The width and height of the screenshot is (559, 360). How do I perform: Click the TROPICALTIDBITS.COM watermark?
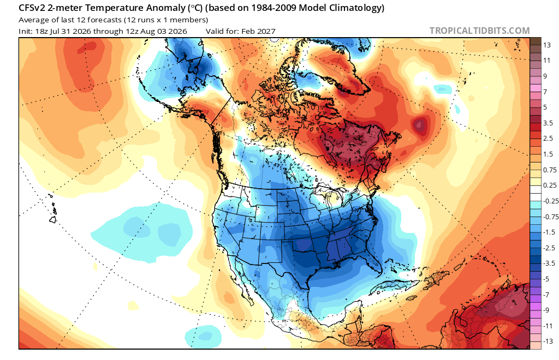tap(479, 31)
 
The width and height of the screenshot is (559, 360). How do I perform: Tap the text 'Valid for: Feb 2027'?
tap(241, 31)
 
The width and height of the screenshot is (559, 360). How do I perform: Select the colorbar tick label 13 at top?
tap(547, 45)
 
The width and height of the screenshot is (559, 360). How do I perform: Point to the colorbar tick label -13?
tap(548, 341)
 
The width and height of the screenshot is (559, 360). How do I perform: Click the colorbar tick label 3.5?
tap(548, 123)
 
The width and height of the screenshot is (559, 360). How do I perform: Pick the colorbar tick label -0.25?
tap(550, 201)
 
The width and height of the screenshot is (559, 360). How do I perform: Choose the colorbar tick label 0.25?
tap(550, 185)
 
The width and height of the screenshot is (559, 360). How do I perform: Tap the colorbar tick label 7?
tap(545, 92)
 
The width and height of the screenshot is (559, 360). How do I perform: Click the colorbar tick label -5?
tap(546, 279)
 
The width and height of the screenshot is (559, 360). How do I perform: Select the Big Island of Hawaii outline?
tap(53, 219)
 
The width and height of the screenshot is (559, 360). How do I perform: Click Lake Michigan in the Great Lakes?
tap(327, 201)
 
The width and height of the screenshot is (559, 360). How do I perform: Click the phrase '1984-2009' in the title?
tap(273, 8)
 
